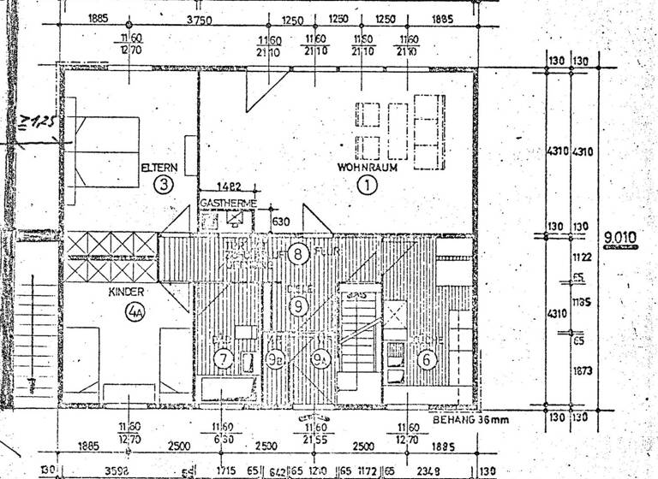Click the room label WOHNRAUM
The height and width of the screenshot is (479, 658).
(367, 167)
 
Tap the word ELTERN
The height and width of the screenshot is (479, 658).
(159, 168)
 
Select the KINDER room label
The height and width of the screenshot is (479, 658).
(127, 293)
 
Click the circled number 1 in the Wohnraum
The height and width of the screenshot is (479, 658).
(367, 185)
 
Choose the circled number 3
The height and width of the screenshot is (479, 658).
(162, 184)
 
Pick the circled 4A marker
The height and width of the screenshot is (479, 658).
(135, 312)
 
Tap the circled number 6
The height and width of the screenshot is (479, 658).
(426, 360)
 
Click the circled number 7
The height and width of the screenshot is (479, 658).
(224, 359)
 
